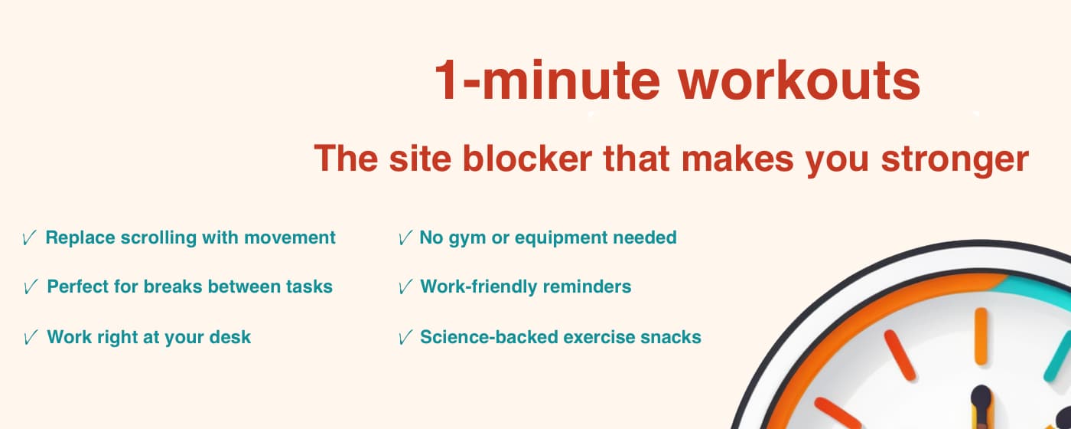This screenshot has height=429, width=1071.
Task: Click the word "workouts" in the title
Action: [799, 80]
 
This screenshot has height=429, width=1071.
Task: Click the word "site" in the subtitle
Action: [422, 159]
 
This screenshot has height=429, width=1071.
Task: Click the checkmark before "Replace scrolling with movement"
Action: [29, 239]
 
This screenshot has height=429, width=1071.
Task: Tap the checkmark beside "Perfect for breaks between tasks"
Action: [31, 288]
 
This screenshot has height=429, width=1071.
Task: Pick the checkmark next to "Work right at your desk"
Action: [31, 338]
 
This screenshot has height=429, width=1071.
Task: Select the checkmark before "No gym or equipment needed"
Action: [405, 239]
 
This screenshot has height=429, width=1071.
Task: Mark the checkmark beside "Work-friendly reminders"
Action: [405, 288]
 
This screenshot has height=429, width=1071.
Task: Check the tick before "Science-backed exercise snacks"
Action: [405, 338]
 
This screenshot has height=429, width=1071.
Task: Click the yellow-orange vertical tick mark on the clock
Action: [981, 337]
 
